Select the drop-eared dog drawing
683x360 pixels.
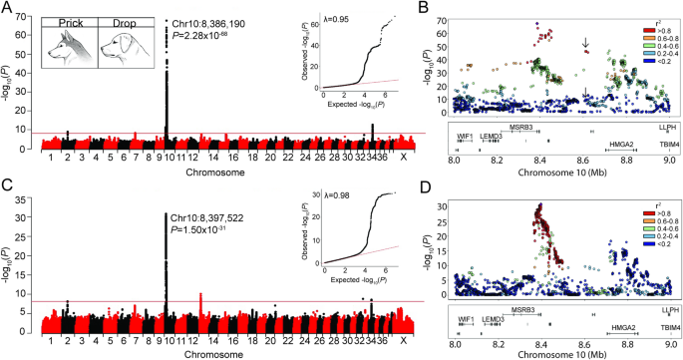click(x=124, y=44)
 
